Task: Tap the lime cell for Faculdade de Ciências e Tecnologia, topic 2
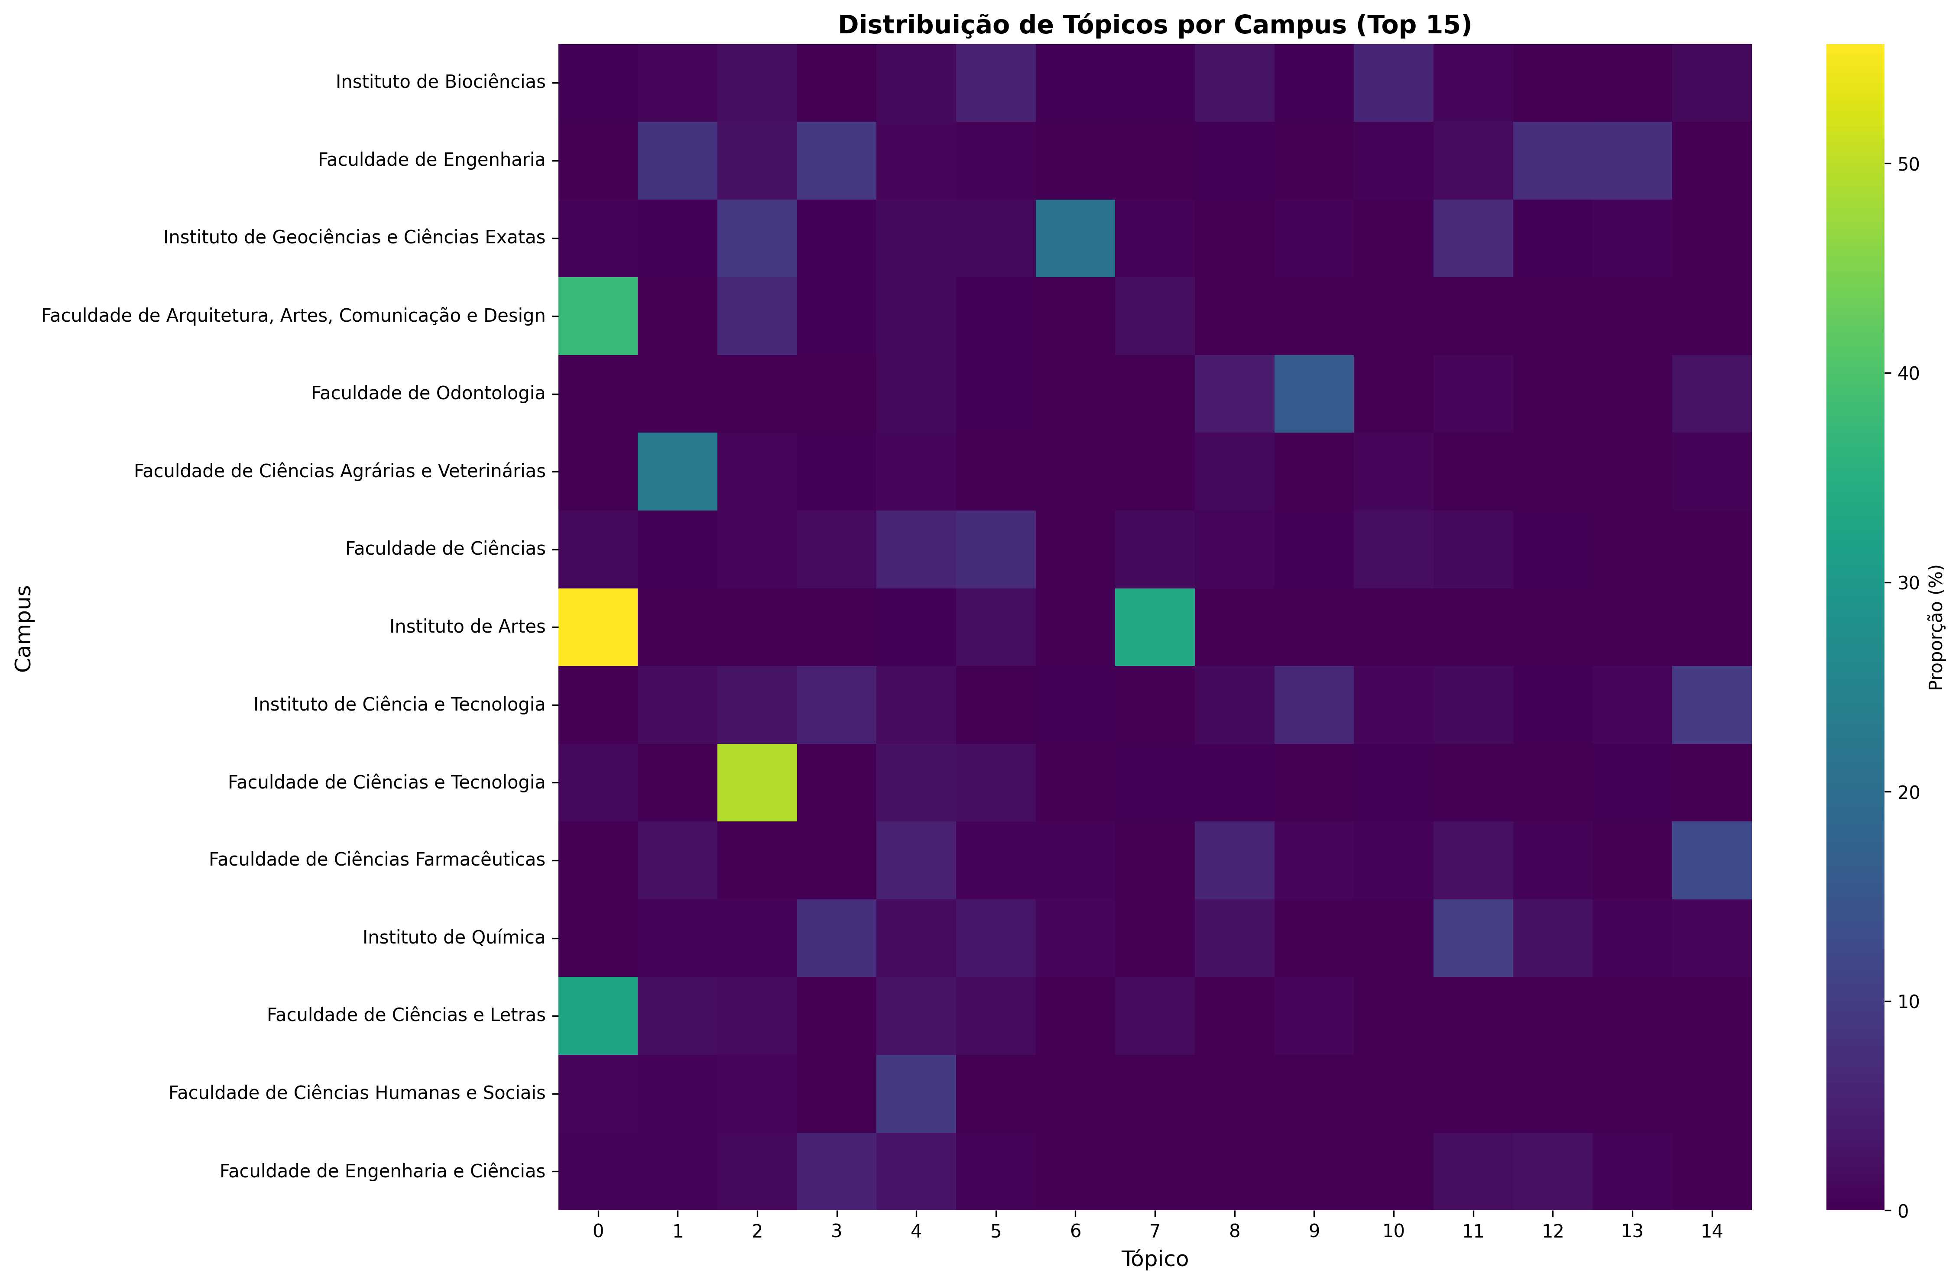coord(756,782)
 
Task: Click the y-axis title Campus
coord(23,627)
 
